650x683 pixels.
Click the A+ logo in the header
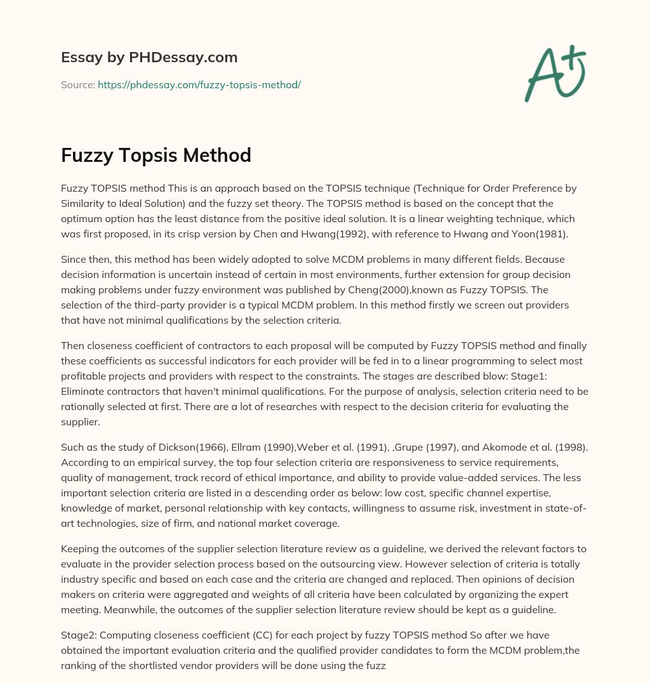(554, 73)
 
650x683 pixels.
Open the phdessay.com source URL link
(199, 84)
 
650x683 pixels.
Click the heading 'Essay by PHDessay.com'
(149, 57)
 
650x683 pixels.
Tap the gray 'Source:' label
(77, 84)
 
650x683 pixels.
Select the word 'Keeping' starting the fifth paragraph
(81, 548)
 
